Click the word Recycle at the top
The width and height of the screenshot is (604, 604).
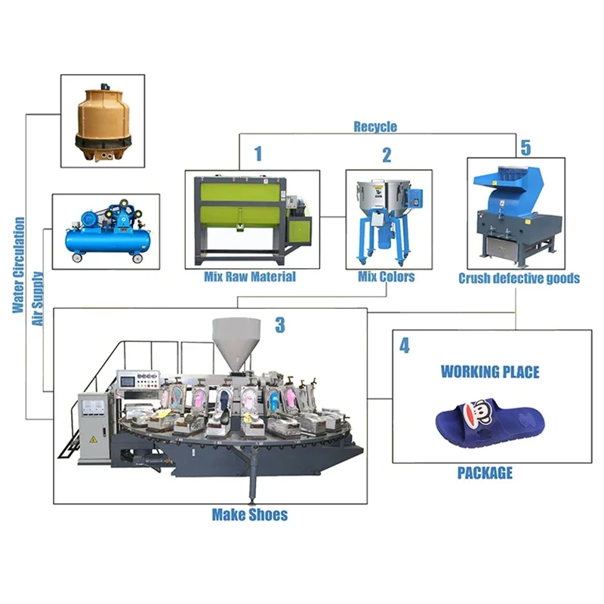tap(375, 127)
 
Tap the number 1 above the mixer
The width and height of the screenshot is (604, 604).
tap(258, 154)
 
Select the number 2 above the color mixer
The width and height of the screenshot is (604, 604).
tap(387, 156)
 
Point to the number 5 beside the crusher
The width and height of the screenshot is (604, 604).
tap(525, 146)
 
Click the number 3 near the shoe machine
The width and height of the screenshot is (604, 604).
tap(280, 325)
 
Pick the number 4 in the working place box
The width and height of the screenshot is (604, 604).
tap(405, 346)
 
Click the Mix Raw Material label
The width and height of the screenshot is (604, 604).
tap(250, 276)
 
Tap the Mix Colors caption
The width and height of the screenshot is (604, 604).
tap(386, 276)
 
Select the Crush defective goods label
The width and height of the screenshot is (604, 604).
tap(519, 278)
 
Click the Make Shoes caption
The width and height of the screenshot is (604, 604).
tap(249, 515)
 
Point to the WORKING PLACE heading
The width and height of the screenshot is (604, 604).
tap(490, 371)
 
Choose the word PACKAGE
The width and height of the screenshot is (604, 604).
tap(485, 473)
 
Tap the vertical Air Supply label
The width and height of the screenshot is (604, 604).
tap(37, 297)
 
